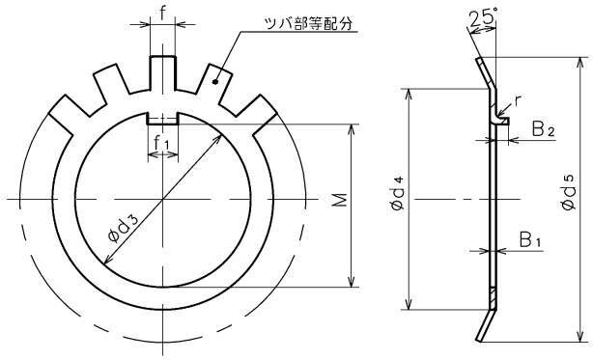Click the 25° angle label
click(x=482, y=17)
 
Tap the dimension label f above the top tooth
click(x=162, y=14)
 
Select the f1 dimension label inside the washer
click(x=162, y=143)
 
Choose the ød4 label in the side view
click(x=398, y=193)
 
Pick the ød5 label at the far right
click(x=568, y=193)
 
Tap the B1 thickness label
click(x=530, y=240)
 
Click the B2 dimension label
click(x=544, y=129)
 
